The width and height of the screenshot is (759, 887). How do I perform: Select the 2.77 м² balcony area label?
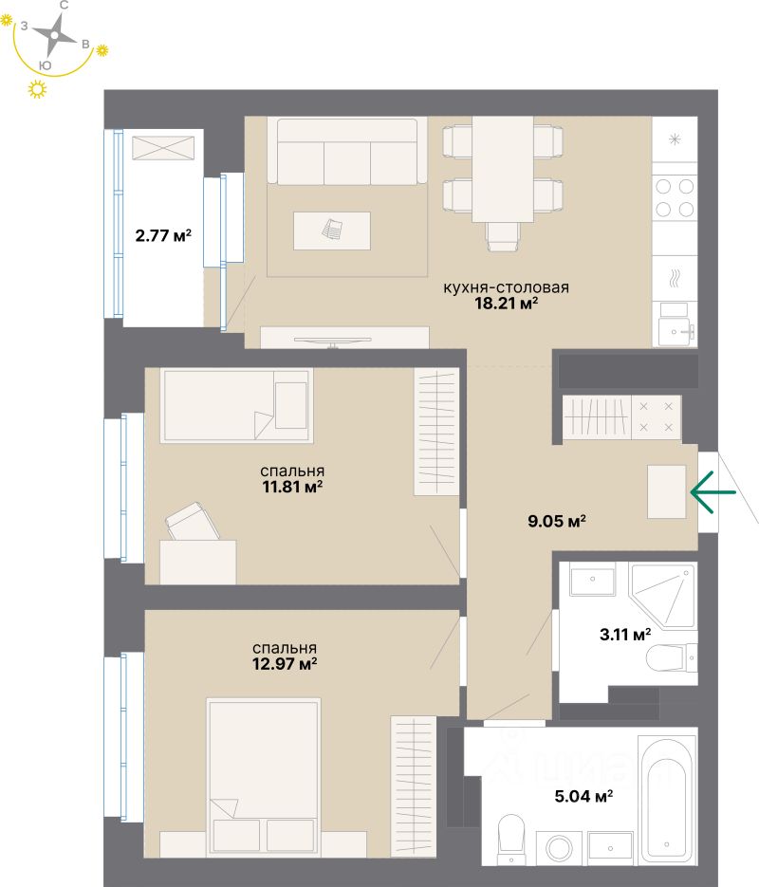pyautogui.click(x=163, y=236)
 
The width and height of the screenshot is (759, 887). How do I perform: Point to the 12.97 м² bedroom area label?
pyautogui.click(x=287, y=664)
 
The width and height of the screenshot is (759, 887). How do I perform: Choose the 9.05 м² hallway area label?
pyautogui.click(x=556, y=520)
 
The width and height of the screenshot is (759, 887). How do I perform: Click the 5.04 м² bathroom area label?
pyautogui.click(x=583, y=796)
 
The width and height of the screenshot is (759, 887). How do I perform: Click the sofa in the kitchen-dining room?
pyautogui.click(x=345, y=152)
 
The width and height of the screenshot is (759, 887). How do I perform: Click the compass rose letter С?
pyautogui.click(x=64, y=6)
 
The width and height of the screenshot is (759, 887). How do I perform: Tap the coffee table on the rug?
pyautogui.click(x=331, y=231)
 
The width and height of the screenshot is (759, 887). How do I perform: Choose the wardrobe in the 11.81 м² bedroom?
pyautogui.click(x=435, y=432)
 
